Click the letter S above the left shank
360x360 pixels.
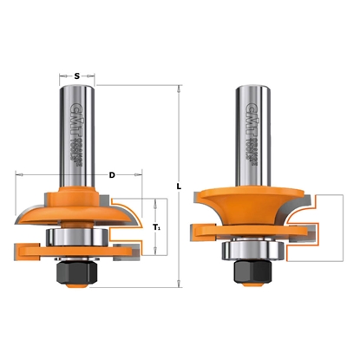pyautogui.click(x=77, y=76)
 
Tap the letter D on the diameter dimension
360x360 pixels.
pyautogui.click(x=112, y=176)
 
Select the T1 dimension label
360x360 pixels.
pyautogui.click(x=156, y=227)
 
